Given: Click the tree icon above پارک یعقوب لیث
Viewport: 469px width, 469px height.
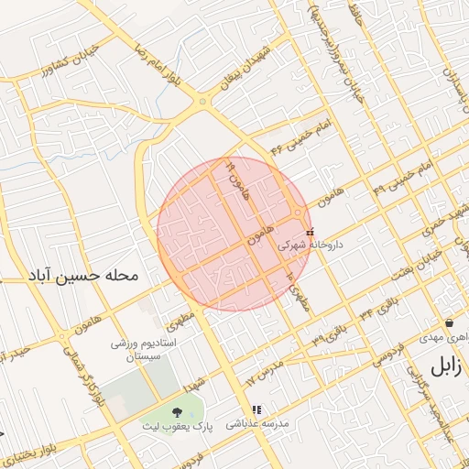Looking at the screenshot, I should tap(176, 411).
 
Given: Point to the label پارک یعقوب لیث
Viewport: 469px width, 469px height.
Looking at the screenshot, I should tap(177, 426).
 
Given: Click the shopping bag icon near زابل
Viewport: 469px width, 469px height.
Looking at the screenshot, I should tap(450, 323).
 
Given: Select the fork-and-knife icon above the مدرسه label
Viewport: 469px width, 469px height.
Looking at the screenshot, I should tap(256, 409).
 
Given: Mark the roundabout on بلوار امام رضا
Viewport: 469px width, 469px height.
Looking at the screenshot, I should tap(202, 103).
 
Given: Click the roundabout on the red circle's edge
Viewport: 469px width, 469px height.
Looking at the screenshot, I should tap(299, 214).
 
